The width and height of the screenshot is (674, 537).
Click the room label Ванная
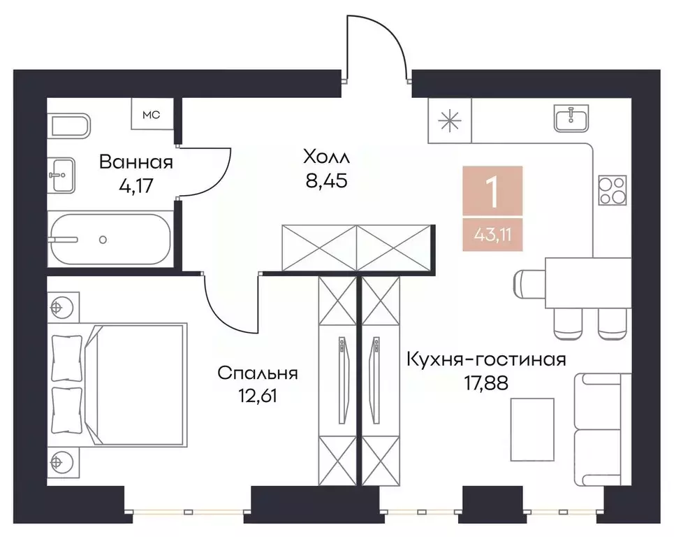point(135,163)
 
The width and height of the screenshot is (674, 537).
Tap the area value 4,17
point(135,186)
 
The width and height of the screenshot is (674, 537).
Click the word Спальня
point(258,373)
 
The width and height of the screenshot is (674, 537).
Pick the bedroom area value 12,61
point(258,396)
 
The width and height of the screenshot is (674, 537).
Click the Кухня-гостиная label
point(486,359)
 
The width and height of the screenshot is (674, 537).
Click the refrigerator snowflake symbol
point(450,120)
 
